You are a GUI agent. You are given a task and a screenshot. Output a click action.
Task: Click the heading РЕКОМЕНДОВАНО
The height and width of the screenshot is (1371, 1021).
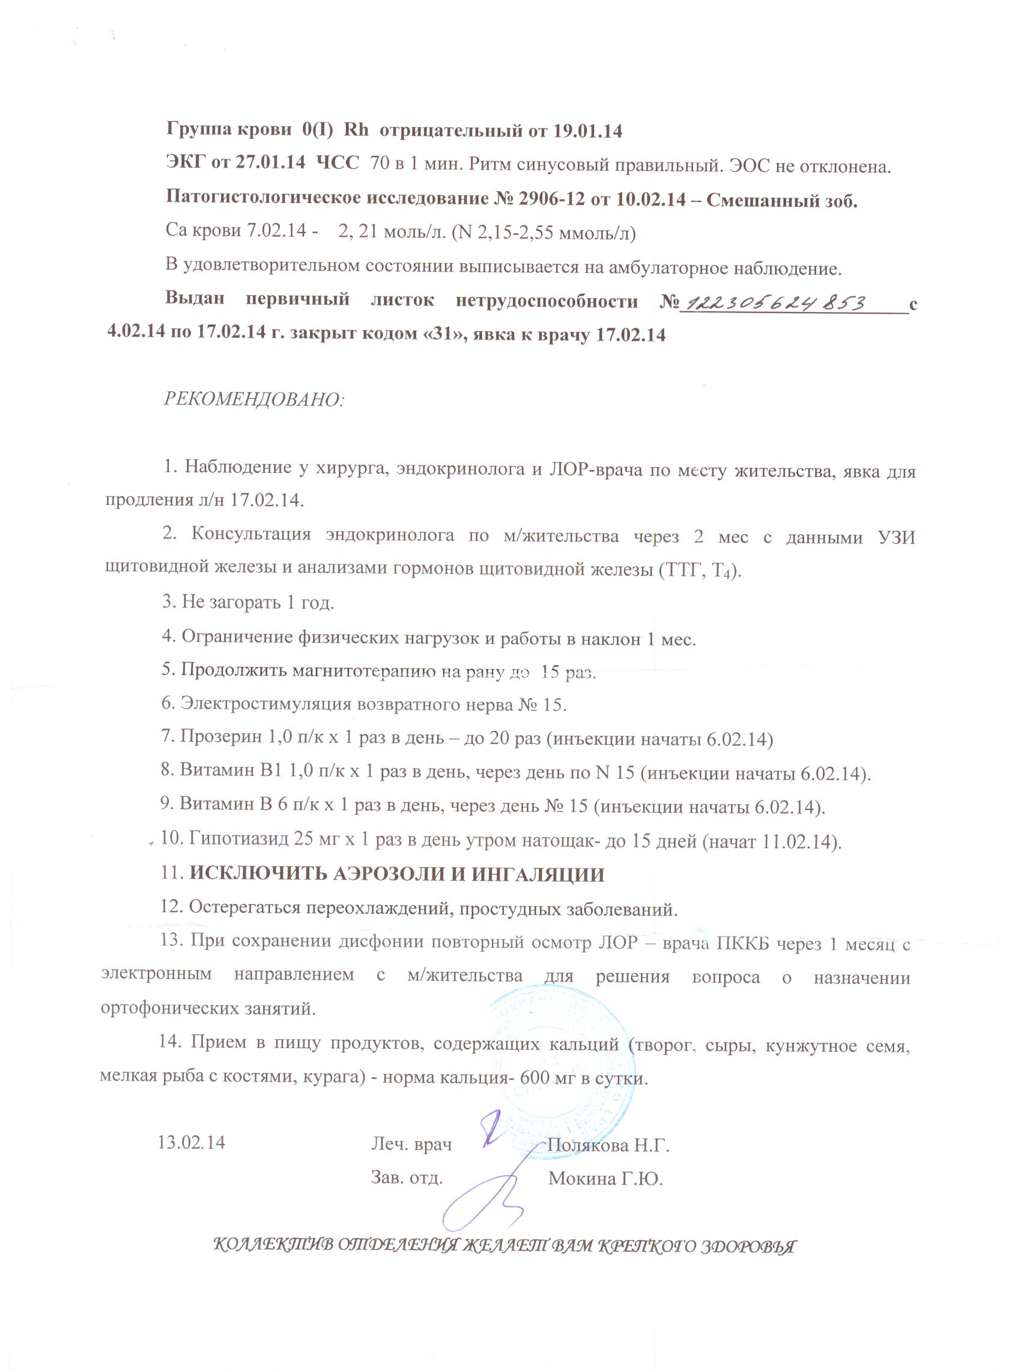coord(254,399)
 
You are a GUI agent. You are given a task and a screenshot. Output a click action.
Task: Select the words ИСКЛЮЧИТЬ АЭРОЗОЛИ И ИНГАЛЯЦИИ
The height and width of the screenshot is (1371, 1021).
coord(397,875)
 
